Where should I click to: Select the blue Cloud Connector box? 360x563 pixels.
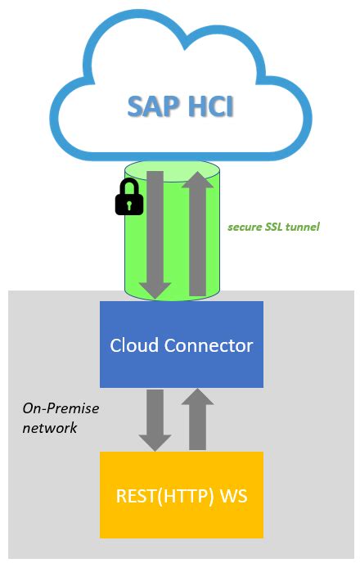click(x=182, y=344)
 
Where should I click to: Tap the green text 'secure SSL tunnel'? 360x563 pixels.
click(x=273, y=226)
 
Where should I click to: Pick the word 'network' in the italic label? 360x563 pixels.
click(x=51, y=427)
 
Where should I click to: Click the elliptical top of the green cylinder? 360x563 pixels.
click(x=172, y=170)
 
